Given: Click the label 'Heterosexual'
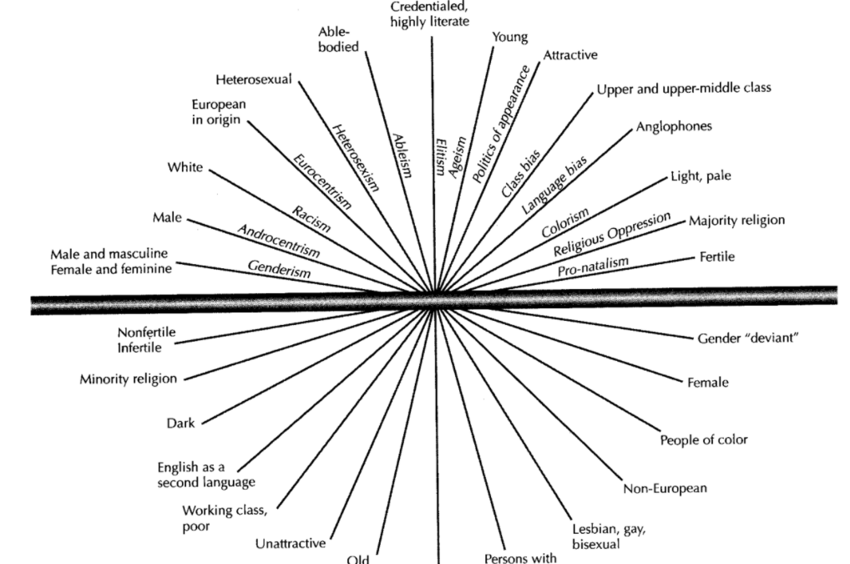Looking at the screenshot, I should [253, 80].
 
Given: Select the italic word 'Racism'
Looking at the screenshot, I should [311, 219].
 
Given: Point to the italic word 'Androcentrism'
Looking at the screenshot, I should [278, 240].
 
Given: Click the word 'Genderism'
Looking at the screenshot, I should [279, 269].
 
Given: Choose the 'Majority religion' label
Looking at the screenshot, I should [736, 221].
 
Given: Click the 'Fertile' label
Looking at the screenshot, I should [717, 257].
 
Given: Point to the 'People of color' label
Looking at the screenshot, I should [704, 440].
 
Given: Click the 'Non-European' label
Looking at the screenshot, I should [665, 489].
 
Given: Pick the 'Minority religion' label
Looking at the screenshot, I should [129, 379].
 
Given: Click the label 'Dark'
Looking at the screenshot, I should [180, 423].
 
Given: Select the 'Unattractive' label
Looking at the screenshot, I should [290, 544].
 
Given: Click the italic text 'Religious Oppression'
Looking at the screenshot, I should [611, 235].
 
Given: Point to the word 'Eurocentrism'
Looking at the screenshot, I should [321, 180].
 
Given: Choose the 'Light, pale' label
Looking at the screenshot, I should [706, 177].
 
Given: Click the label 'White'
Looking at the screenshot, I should [185, 167].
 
